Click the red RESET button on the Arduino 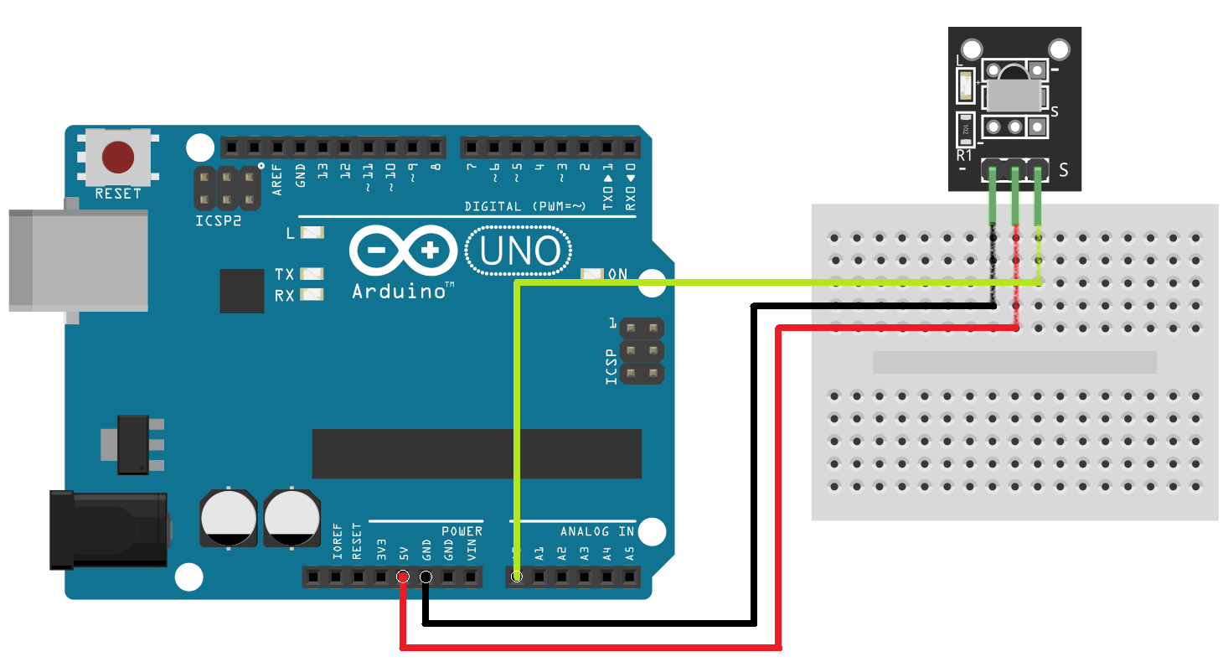tap(118, 157)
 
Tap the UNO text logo tap(519, 250)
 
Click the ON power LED tap(592, 274)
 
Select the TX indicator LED tap(312, 274)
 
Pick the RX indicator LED tap(312, 294)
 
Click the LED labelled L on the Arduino tap(312, 233)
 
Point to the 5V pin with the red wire tap(403, 577)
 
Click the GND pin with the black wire tap(426, 577)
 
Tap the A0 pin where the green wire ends tap(517, 577)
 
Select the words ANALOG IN tap(596, 531)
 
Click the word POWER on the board tap(462, 531)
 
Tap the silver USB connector tap(78, 260)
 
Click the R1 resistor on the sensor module tap(966, 129)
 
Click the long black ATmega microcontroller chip tap(477, 453)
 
